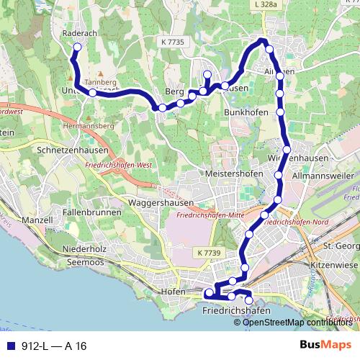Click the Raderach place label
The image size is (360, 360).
[78, 32]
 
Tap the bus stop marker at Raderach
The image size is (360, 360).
[76, 47]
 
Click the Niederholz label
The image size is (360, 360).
[85, 248]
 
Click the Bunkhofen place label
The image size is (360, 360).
[246, 113]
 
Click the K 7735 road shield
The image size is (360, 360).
[173, 42]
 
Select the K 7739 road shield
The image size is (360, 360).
[207, 253]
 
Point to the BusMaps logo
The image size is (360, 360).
[325, 346]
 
